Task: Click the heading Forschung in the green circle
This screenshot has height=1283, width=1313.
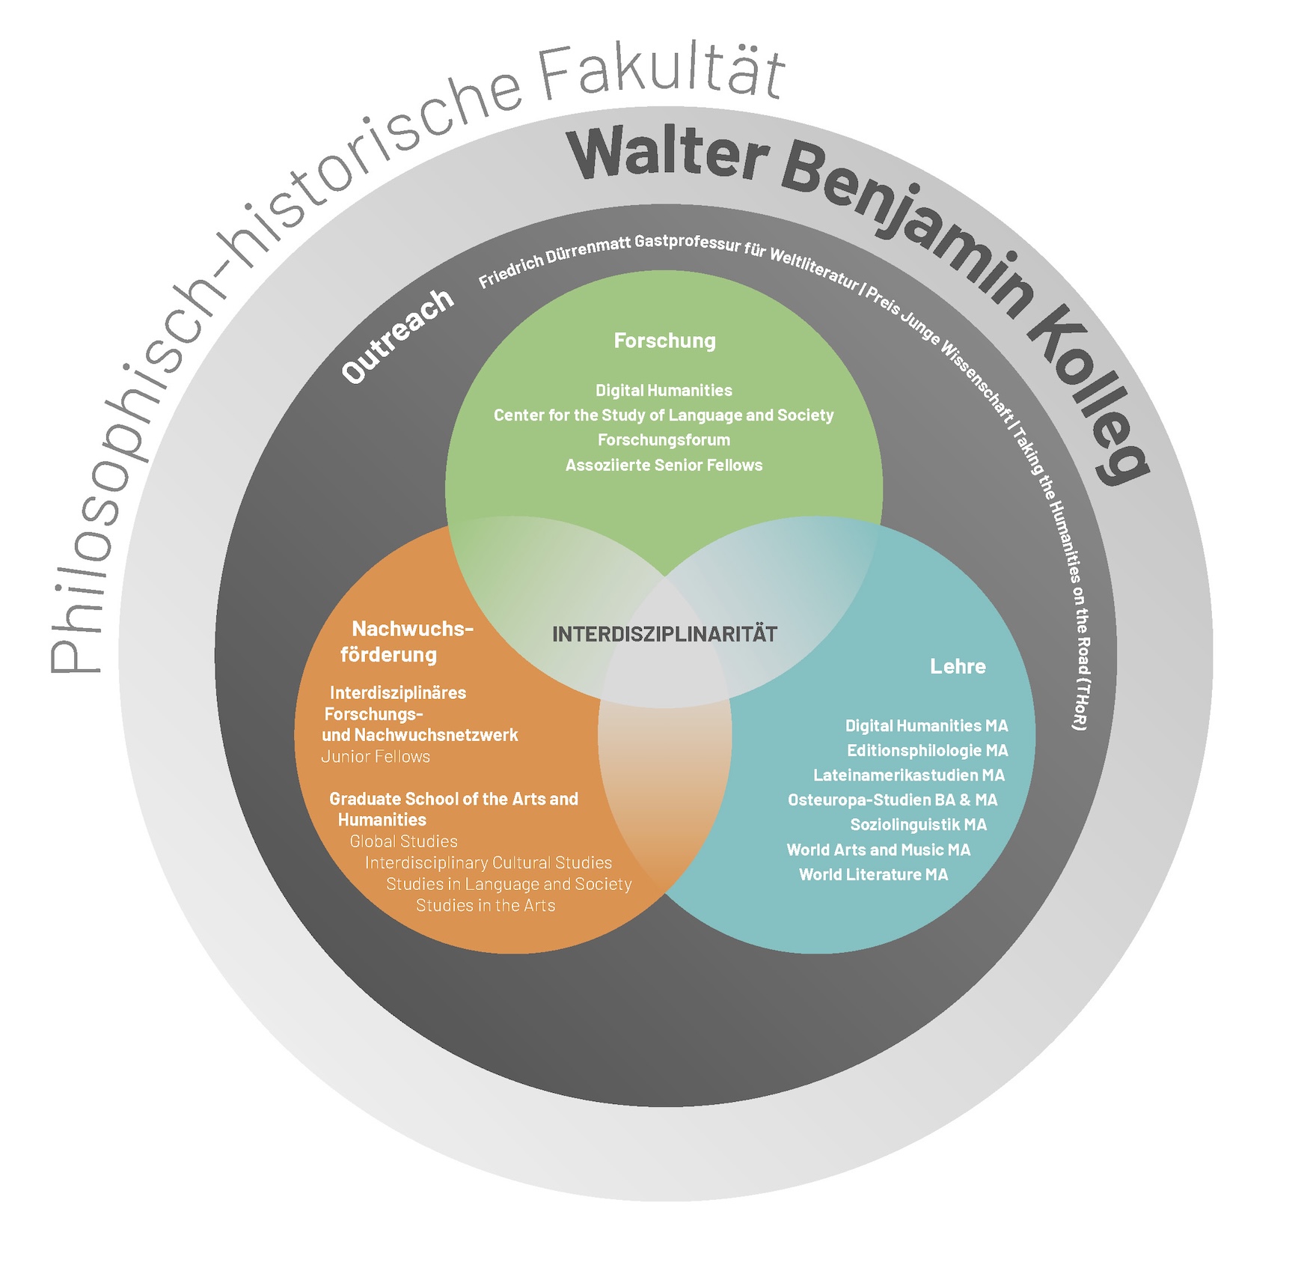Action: [x=664, y=341]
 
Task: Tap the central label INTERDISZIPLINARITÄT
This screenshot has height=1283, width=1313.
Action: [x=664, y=634]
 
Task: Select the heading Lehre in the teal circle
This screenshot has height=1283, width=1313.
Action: [x=958, y=666]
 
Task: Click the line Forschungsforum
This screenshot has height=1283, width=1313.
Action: [x=664, y=440]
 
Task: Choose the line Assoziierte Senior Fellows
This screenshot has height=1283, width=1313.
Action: [x=664, y=465]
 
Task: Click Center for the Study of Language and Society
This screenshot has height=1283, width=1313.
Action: [x=664, y=415]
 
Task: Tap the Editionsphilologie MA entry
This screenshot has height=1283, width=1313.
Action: [x=927, y=751]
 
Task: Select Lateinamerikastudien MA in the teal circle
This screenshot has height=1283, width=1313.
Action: [x=909, y=775]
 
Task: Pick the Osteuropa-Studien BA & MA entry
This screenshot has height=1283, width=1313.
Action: [x=893, y=800]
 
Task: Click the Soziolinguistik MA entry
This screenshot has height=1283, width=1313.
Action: [x=918, y=825]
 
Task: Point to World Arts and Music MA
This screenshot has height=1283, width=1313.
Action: [x=878, y=850]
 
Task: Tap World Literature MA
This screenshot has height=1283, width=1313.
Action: [x=873, y=874]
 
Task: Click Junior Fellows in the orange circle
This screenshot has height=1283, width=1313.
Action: [x=376, y=757]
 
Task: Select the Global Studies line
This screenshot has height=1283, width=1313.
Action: [x=403, y=841]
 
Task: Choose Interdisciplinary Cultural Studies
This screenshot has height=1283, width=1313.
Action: [x=489, y=863]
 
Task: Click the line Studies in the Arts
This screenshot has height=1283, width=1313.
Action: [x=486, y=906]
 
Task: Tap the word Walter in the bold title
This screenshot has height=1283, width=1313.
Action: [x=668, y=154]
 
